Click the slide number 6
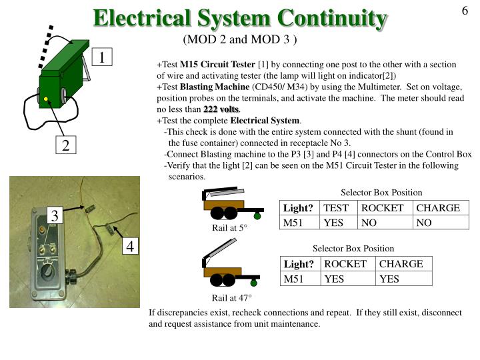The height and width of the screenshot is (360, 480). pos(465,11)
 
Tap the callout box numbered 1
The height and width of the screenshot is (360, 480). pos(102,58)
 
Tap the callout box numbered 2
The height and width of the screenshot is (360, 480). pos(66,145)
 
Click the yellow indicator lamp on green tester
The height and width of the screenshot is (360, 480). pos(46,100)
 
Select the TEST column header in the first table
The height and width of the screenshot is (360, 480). pos(336,208)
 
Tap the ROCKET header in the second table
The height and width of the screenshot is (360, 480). pos(345,264)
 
